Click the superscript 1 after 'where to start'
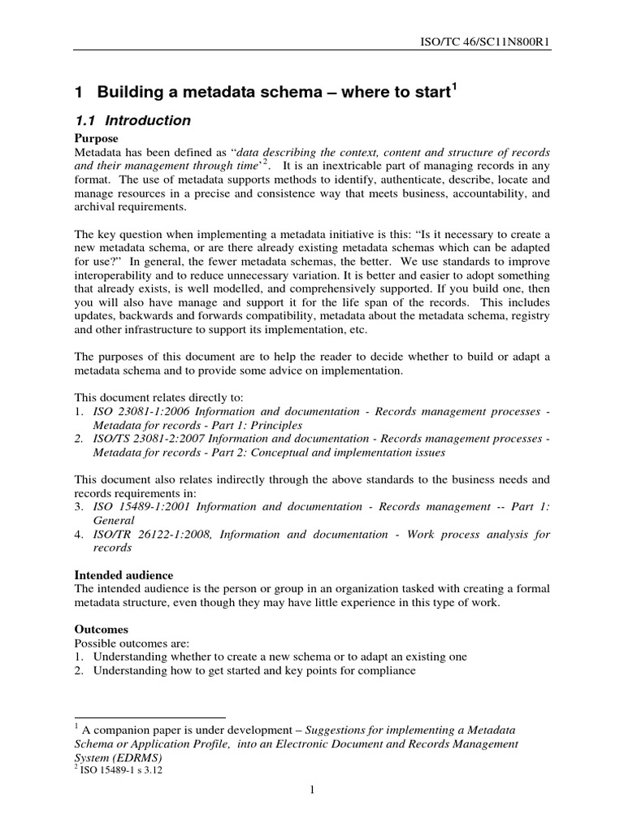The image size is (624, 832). click(x=453, y=86)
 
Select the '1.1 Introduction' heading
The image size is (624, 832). click(x=132, y=121)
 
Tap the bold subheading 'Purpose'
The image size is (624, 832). click(x=97, y=139)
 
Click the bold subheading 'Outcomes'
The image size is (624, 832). click(x=102, y=630)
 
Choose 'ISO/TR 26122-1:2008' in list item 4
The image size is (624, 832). click(x=152, y=535)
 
